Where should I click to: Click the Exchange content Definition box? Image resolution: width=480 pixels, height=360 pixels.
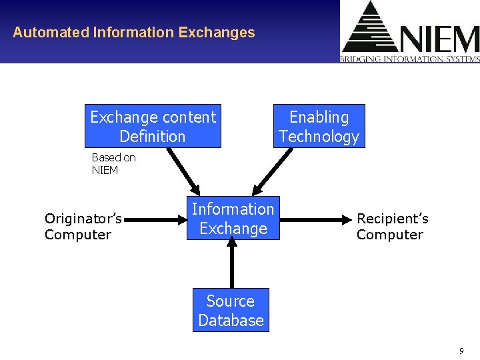pyautogui.click(x=153, y=126)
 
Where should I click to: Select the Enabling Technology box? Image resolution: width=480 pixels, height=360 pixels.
pyautogui.click(x=319, y=126)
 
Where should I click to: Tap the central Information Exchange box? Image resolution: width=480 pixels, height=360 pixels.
pyautogui.click(x=233, y=219)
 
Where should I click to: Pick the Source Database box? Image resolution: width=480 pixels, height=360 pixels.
pyautogui.click(x=231, y=310)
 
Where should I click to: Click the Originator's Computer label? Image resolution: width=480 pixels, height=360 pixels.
pyautogui.click(x=83, y=227)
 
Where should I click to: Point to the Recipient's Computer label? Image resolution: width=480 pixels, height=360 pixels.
pyautogui.click(x=392, y=227)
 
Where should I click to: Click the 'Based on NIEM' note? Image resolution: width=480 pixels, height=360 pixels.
pyautogui.click(x=113, y=163)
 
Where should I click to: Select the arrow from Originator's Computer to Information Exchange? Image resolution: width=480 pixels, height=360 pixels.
pyautogui.click(x=157, y=218)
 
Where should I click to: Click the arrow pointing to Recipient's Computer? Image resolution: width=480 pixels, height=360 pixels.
pyautogui.click(x=313, y=218)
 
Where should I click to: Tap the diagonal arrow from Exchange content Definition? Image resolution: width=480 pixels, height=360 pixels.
pyautogui.click(x=183, y=169)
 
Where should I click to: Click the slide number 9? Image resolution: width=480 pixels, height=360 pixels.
pyautogui.click(x=461, y=351)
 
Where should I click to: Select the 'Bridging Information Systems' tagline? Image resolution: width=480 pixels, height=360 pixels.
pyautogui.click(x=410, y=59)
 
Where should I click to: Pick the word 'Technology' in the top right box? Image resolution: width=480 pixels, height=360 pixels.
pyautogui.click(x=319, y=136)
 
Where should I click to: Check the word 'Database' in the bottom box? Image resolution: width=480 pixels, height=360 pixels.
pyautogui.click(x=231, y=320)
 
